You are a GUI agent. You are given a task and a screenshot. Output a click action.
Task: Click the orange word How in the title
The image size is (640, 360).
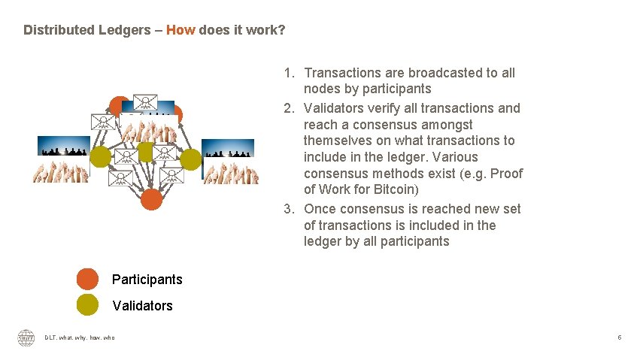point(180,30)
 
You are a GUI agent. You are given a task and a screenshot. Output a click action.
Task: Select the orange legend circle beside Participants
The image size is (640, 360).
point(87,279)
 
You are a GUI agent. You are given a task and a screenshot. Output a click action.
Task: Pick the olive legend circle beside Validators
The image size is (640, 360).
point(87,305)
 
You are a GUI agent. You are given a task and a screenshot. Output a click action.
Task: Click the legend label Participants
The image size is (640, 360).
point(147,280)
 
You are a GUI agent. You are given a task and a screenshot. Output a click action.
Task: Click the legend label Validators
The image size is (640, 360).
point(142,306)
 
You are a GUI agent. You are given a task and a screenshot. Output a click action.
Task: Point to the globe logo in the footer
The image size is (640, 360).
point(26,338)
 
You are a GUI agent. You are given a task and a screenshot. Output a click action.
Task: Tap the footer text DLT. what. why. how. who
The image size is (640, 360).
point(80,338)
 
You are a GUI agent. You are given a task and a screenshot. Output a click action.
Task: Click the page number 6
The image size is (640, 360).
point(619,338)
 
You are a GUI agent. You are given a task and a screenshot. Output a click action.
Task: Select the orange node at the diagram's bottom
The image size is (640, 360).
point(151,199)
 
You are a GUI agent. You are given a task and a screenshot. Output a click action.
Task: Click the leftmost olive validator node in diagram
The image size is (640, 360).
point(100,157)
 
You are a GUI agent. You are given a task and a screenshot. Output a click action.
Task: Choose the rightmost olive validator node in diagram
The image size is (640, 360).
point(191,159)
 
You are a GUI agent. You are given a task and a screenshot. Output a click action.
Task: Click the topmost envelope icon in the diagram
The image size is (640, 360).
point(144,104)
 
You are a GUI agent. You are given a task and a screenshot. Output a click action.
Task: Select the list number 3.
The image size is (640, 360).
point(288,208)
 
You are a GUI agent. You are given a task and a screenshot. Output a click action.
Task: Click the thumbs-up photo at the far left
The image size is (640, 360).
point(60,159)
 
